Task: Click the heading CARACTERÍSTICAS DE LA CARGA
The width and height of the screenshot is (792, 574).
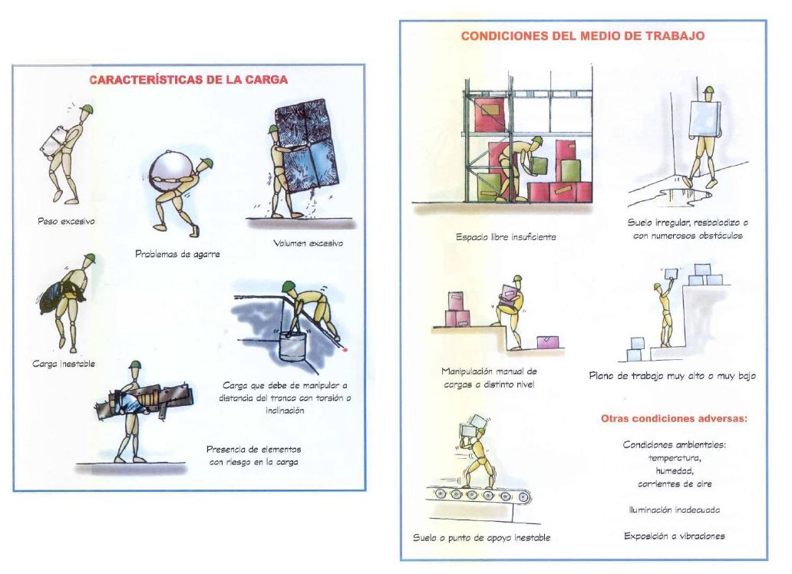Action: (188, 80)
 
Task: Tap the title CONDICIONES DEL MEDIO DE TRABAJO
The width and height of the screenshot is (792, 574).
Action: (582, 36)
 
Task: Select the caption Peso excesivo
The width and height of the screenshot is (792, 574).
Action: (66, 221)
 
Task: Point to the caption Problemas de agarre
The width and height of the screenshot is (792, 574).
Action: (177, 254)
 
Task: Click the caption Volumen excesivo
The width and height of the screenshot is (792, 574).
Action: (308, 243)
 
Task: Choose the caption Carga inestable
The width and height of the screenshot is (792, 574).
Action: (64, 364)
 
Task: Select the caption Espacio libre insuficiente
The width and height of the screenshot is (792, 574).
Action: (506, 237)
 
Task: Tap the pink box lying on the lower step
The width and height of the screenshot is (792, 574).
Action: (549, 342)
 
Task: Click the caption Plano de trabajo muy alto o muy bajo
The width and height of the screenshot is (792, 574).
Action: (672, 376)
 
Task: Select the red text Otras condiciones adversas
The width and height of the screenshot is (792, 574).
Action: (675, 418)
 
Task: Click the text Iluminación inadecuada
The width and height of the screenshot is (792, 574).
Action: (675, 510)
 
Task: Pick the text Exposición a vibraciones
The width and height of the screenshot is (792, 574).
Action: (675, 536)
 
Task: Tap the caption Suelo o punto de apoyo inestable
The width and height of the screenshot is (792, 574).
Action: (481, 538)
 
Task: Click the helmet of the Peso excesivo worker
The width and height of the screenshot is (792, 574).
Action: (87, 110)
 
